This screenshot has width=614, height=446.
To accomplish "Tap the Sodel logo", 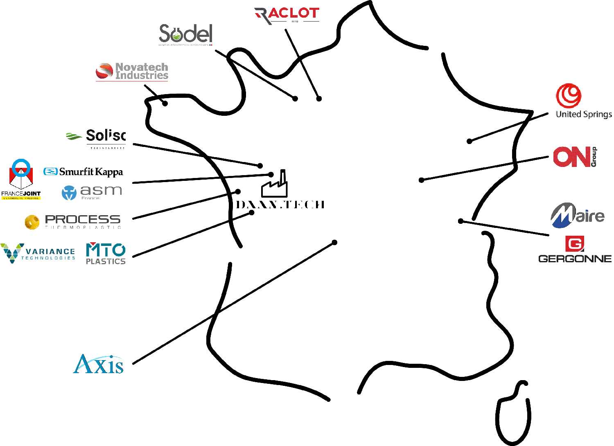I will point(185,34).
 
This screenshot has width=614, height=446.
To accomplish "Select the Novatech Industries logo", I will point(132,71).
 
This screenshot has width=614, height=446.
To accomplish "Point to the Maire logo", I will point(577,215).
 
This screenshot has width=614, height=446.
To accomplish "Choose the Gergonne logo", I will point(575,249).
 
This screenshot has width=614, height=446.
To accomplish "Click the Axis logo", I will point(99,364).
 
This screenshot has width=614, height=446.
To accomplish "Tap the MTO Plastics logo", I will point(106,254).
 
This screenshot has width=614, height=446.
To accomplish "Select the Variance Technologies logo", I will point(38,253).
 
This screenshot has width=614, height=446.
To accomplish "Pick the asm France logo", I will point(92,192).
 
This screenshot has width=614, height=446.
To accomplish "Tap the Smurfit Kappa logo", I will point(83,172).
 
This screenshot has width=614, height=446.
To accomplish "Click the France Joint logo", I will point(21,180).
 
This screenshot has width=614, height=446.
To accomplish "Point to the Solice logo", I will point(97,138).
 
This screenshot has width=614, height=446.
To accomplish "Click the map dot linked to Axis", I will point(334,243).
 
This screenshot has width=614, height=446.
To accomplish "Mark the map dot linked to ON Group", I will point(421,180).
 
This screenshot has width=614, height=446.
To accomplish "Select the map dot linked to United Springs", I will point(470,142).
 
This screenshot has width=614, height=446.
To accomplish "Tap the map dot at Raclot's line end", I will point(319,99).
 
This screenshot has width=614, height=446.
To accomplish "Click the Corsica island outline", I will point(513,413).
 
